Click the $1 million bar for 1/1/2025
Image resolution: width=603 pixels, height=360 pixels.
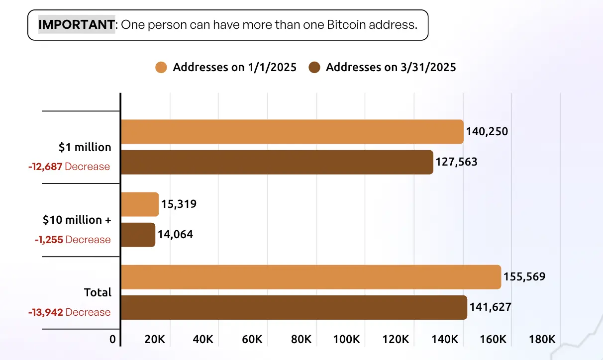click(x=292, y=132)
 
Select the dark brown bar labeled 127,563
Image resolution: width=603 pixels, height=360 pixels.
click(x=277, y=162)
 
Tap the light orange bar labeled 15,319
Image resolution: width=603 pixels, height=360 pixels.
click(x=140, y=204)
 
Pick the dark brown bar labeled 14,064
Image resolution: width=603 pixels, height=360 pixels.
click(x=138, y=235)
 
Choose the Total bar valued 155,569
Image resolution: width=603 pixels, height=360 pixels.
click(x=311, y=277)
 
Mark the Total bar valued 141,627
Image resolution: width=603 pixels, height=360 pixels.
click(x=294, y=307)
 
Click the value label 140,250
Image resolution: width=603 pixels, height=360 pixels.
click(x=487, y=132)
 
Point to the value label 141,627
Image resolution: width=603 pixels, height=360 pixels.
click(x=490, y=307)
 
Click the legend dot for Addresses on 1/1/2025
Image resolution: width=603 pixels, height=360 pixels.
click(x=161, y=68)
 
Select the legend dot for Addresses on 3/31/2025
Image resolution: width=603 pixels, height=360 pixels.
click(x=314, y=68)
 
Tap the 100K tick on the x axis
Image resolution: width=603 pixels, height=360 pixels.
click(x=347, y=340)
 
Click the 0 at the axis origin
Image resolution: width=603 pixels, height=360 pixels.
click(x=113, y=340)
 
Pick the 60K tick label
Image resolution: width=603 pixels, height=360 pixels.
click(x=252, y=340)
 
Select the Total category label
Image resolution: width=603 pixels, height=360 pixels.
click(x=98, y=292)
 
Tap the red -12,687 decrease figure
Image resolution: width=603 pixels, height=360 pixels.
click(x=45, y=167)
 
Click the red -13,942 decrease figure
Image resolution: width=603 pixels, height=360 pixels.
click(x=45, y=312)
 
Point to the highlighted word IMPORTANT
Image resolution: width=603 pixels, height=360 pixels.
click(x=76, y=24)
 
